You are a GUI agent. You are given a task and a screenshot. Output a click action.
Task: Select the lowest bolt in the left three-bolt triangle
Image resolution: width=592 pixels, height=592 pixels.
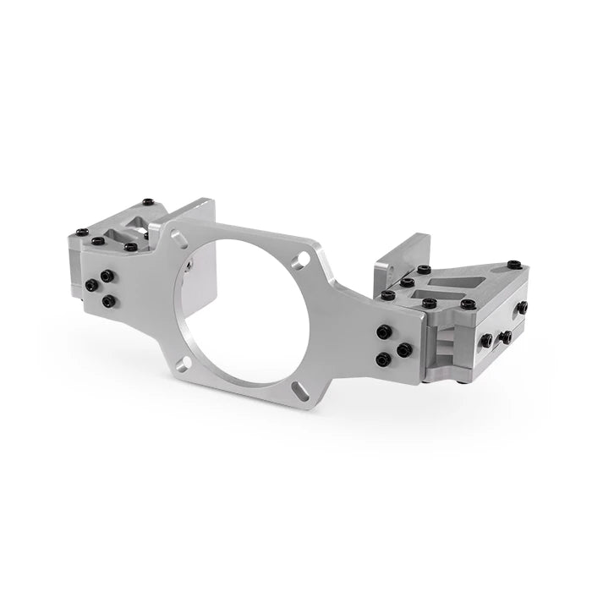(109, 301)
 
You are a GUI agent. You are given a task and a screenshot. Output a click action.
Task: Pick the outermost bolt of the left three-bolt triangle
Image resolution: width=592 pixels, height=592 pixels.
(90, 285)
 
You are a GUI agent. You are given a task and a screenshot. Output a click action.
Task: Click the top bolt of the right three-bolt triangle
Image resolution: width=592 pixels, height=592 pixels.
(385, 332)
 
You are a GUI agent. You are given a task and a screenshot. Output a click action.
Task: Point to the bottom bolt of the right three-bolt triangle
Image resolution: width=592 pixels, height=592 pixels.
(382, 360)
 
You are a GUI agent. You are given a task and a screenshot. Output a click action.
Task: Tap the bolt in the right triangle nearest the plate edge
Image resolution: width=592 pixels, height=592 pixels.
(405, 349)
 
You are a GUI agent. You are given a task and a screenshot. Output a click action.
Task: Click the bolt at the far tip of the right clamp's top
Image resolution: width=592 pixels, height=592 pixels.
(514, 265)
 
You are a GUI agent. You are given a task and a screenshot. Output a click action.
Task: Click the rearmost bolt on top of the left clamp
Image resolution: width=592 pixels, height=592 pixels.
(149, 203)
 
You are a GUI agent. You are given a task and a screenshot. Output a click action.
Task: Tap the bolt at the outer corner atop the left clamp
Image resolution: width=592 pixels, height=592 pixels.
(82, 232)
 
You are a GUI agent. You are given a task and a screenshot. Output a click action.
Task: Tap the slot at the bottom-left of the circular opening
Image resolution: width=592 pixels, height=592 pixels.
(183, 363)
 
